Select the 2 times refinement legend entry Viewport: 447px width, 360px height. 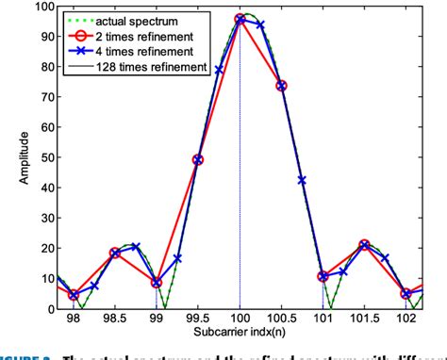tap(131, 35)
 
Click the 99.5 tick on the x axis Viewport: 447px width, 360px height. tap(198, 319)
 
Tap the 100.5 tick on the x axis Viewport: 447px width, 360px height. tap(281, 319)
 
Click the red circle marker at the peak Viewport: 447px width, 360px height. tap(240, 19)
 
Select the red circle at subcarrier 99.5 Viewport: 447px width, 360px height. tap(198, 160)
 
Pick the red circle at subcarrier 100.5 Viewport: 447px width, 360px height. tap(281, 86)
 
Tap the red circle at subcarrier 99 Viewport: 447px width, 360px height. tap(157, 282)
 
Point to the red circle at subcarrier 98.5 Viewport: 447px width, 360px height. tap(115, 253)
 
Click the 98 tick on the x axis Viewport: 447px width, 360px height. tap(74, 319)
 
